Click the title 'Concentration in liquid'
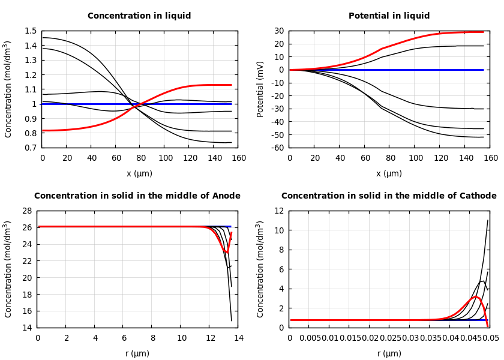(x=139, y=16)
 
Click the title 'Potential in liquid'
(x=389, y=16)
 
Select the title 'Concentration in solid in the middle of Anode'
(x=137, y=196)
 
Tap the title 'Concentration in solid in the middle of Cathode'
(x=389, y=196)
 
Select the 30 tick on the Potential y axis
(x=279, y=31)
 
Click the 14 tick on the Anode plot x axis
(x=238, y=338)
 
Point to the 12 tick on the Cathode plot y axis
(x=279, y=211)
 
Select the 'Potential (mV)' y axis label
(x=260, y=89)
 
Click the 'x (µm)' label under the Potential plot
(x=389, y=174)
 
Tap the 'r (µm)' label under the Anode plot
(x=137, y=354)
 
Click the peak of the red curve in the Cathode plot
(x=476, y=296)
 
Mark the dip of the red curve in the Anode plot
(x=226, y=252)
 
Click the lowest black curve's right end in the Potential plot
(x=484, y=137)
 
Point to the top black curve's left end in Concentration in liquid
(x=43, y=38)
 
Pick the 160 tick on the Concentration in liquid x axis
(x=238, y=158)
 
